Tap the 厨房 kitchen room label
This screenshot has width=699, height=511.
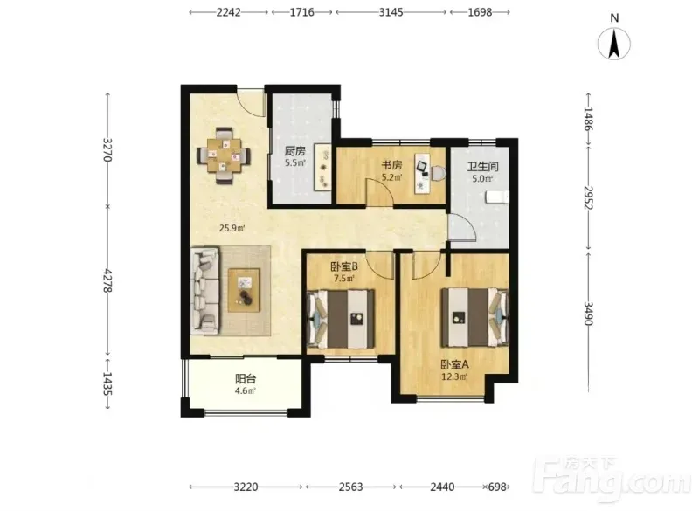click(295, 151)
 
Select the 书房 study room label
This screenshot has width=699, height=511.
click(391, 165)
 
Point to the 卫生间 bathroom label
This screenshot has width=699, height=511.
click(482, 167)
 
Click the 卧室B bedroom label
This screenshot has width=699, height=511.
click(344, 267)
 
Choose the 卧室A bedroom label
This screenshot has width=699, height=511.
click(454, 365)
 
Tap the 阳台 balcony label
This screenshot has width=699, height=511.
click(246, 379)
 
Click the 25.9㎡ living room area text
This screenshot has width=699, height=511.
click(232, 229)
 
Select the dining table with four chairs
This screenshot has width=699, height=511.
click(224, 155)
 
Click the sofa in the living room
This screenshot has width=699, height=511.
click(205, 291)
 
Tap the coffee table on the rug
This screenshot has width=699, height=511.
click(244, 291)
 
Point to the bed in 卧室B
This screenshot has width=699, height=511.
click(341, 319)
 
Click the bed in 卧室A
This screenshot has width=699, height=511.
click(475, 317)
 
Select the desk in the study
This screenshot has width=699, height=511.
click(421, 173)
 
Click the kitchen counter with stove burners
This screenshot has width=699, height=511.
click(322, 168)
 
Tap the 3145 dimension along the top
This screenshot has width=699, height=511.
click(391, 12)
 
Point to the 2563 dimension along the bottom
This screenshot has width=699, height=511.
click(351, 487)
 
